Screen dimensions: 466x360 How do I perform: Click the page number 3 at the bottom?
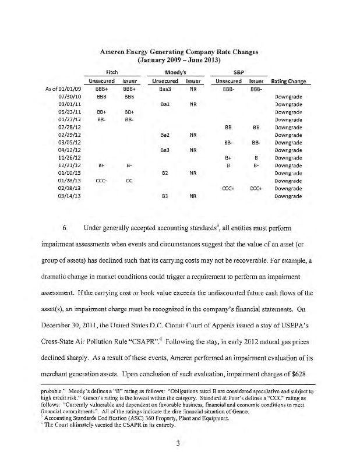point(181,444)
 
